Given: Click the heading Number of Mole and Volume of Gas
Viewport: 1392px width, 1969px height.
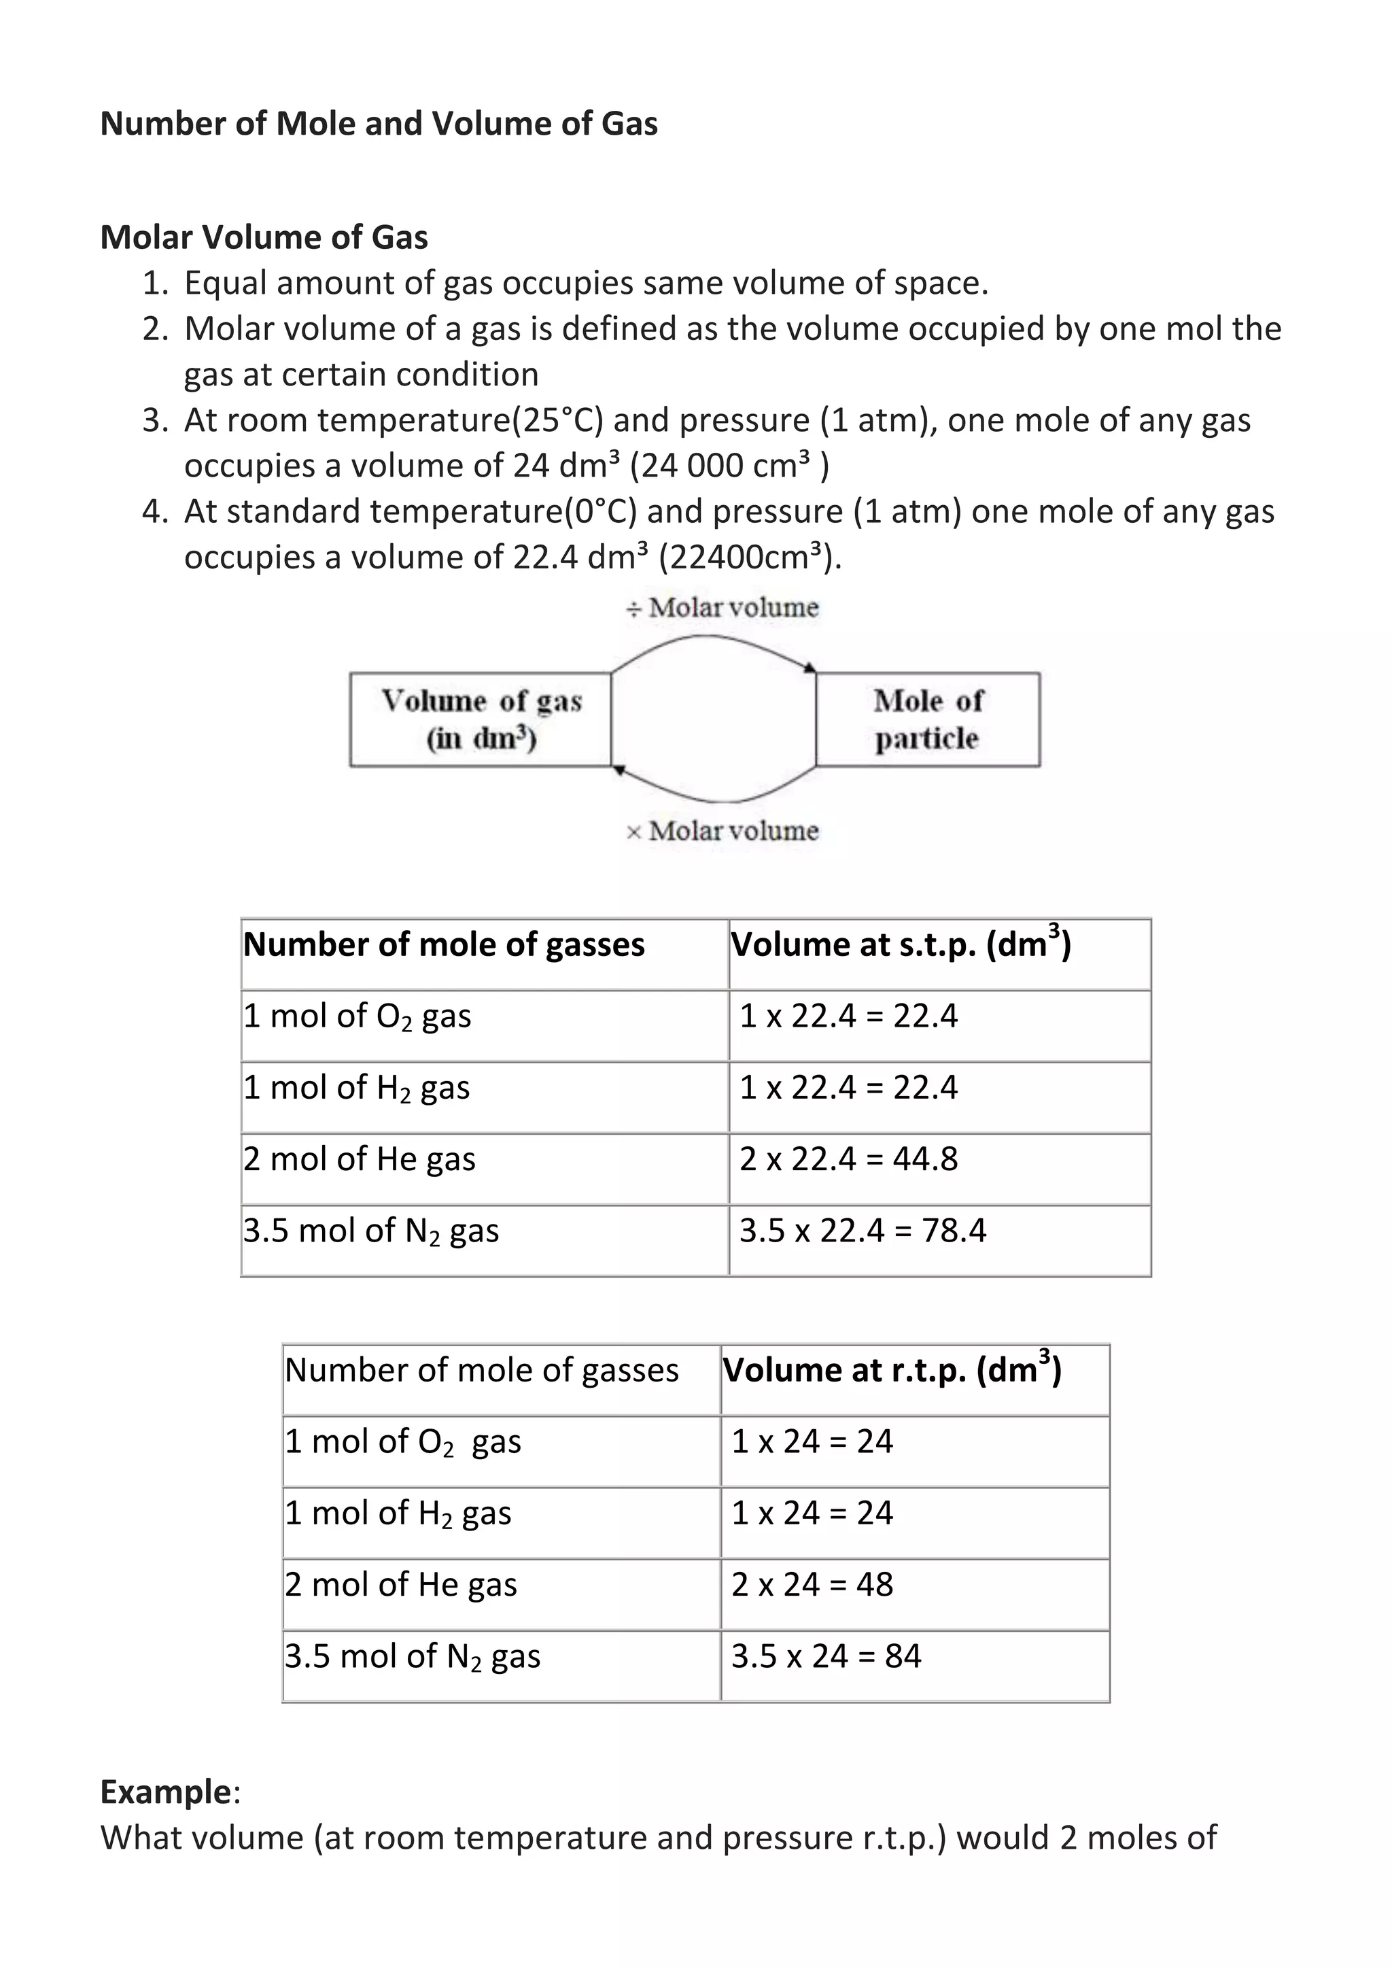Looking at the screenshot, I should tap(379, 124).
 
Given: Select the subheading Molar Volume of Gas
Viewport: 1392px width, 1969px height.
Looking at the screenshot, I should tap(264, 237).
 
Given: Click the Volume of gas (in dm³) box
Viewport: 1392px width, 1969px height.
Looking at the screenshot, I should tap(480, 719).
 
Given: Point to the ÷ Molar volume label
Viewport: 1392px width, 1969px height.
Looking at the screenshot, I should tap(723, 608).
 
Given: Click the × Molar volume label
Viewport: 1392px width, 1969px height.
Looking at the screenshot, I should tap(723, 831).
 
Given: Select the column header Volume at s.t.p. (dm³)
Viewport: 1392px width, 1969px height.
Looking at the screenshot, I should tap(900, 945).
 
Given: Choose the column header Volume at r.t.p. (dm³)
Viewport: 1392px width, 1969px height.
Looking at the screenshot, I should tap(892, 1371).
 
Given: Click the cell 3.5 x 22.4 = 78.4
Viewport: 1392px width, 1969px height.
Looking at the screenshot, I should tap(863, 1231).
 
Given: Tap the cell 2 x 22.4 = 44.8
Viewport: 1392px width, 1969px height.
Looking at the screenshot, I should tap(848, 1159).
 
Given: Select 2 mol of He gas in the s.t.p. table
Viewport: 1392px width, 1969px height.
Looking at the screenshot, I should tap(359, 1159).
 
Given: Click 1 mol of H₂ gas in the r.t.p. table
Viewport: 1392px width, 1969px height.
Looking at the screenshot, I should tap(398, 1513).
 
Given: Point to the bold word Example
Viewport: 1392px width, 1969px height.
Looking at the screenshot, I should tap(165, 1792).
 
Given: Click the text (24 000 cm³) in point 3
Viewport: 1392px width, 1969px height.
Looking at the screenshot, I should tap(729, 466).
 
